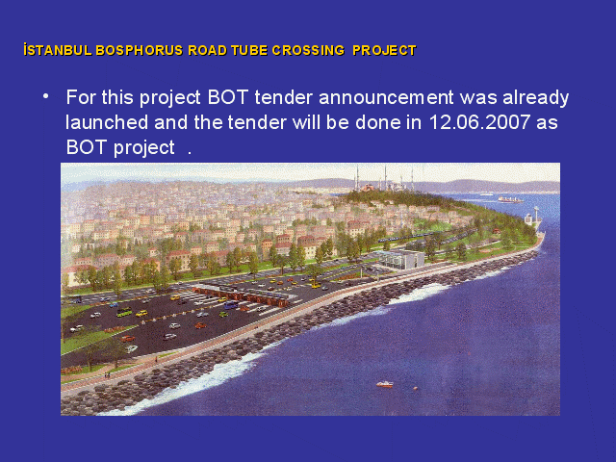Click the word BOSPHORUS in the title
139,50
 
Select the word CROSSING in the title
308,50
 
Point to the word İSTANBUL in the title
58,50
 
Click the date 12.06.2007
479,122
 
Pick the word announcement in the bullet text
386,98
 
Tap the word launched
107,122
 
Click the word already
536,98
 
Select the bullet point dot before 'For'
46,96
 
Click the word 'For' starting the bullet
81,97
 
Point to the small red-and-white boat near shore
385,384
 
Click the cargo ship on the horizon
510,200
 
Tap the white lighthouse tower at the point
536,216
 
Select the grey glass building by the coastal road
400,259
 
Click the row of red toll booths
244,296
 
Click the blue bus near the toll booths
231,305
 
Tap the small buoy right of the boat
415,388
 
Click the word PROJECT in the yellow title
384,50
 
